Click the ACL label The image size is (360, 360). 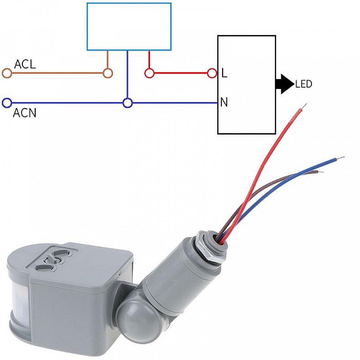tap(25, 64)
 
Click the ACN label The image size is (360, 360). tap(25, 113)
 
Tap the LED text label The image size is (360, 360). tap(303, 84)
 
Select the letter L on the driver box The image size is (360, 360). tap(224, 73)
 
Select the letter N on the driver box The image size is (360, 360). tap(224, 102)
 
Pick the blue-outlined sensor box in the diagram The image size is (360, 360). tap(129, 27)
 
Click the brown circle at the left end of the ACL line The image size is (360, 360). tap(7, 73)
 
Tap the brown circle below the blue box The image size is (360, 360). tap(108, 73)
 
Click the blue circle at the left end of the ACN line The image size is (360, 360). tap(7, 103)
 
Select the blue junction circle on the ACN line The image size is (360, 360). tap(128, 103)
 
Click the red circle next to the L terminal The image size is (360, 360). tap(212, 73)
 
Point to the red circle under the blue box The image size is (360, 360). tap(149, 73)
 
